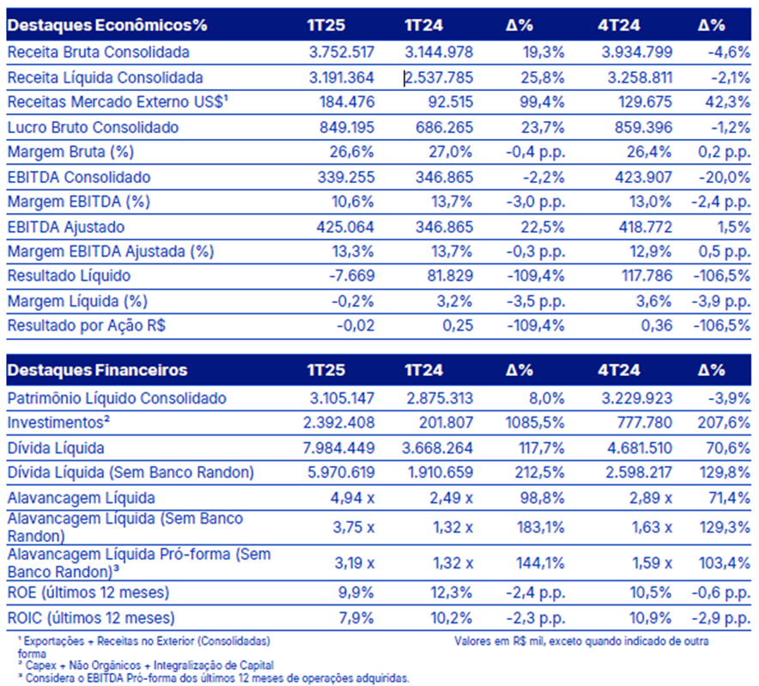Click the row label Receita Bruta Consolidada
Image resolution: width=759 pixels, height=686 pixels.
[98, 52]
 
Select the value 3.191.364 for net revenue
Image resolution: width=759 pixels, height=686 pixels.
[342, 77]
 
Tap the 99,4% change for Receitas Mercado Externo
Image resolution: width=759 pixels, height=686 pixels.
[543, 102]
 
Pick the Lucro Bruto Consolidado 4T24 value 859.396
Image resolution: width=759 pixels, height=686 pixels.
[643, 127]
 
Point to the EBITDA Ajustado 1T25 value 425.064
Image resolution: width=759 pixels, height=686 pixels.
[346, 227]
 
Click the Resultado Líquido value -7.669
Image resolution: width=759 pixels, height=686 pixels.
[352, 276]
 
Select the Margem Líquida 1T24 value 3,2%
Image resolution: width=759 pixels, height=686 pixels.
[454, 301]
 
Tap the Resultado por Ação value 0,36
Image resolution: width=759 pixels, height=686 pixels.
[656, 325]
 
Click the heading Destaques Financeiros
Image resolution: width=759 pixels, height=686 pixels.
[97, 370]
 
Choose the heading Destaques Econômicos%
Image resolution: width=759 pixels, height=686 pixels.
[107, 25]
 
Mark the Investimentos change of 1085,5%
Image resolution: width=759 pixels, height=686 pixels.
[535, 422]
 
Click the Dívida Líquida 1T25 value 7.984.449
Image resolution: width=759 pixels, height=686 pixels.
[339, 448]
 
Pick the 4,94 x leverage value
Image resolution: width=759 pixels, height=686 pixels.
[352, 498]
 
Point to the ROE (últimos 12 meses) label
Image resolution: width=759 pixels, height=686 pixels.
[88, 592]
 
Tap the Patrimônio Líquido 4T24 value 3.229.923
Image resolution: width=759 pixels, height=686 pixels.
[637, 398]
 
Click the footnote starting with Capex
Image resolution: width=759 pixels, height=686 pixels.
[146, 665]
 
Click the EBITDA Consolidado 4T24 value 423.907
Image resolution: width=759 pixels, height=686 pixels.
[643, 177]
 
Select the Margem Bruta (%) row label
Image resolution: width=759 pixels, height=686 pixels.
[70, 152]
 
